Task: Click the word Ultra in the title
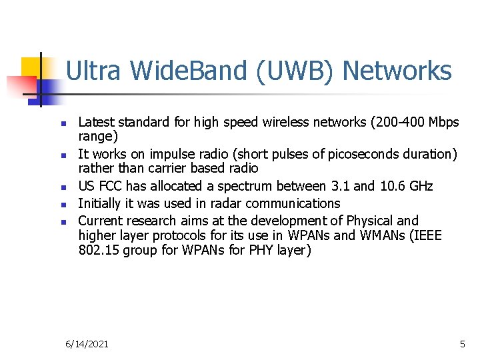(x=89, y=71)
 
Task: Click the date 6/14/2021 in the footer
(x=87, y=344)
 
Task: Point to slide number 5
(x=462, y=344)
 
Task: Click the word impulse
(x=165, y=154)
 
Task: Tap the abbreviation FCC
(x=111, y=186)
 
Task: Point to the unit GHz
(x=423, y=186)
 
